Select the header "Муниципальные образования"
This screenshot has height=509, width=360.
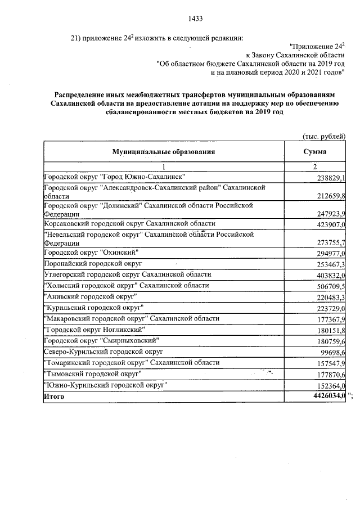[164, 152]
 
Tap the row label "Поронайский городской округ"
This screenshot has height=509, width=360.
[95, 263]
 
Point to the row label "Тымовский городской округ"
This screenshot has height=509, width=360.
[92, 373]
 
